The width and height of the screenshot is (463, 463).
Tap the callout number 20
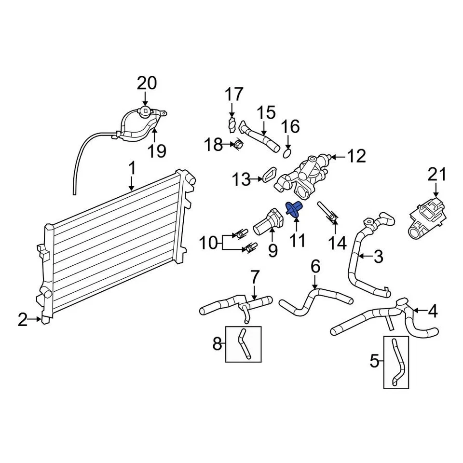click(146, 83)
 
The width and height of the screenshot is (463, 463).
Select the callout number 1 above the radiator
click(131, 169)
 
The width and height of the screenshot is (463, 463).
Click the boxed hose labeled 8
click(244, 343)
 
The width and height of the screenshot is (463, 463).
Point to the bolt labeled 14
click(327, 213)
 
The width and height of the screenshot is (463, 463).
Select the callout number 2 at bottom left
click(23, 319)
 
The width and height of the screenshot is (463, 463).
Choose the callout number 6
click(315, 266)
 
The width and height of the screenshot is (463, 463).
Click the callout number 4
click(432, 312)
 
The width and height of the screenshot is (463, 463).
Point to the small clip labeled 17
click(232, 124)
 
